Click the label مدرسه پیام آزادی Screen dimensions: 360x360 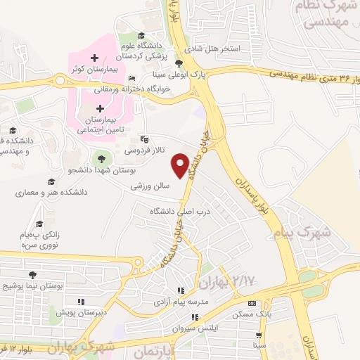coord(180,302)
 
